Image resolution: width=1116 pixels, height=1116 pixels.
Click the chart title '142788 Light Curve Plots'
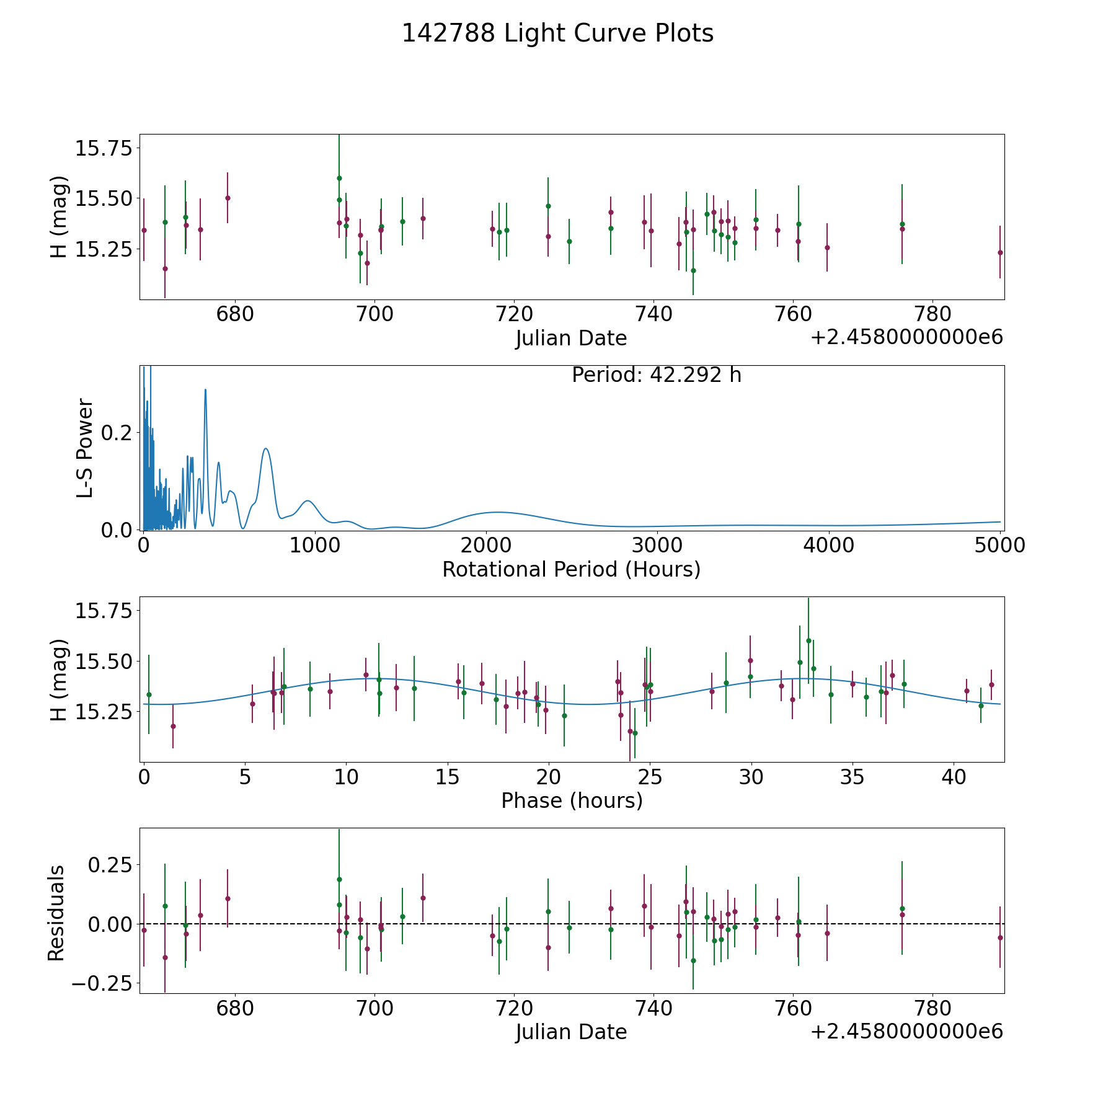click(x=557, y=33)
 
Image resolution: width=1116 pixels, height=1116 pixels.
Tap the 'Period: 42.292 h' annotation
click(x=657, y=375)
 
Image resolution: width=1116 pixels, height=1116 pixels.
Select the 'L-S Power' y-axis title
click(x=85, y=448)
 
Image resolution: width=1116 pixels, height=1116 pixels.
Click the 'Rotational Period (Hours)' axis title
click(x=571, y=569)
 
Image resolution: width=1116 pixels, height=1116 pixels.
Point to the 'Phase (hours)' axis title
click(x=572, y=800)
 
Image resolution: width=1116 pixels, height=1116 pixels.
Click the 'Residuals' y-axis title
click(x=56, y=913)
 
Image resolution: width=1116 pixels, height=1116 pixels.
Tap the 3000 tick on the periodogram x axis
click(x=657, y=545)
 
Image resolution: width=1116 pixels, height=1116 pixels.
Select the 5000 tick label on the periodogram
click(x=999, y=545)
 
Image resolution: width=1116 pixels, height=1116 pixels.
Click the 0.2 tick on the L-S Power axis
click(x=117, y=432)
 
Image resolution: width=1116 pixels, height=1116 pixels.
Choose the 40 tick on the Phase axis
click(x=954, y=777)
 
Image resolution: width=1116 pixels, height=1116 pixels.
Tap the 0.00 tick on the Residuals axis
click(x=110, y=924)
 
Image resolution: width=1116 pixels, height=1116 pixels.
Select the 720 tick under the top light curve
click(x=514, y=314)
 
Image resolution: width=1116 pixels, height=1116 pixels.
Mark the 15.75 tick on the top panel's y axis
click(x=104, y=149)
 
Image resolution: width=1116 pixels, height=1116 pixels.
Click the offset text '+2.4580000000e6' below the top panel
click(x=906, y=337)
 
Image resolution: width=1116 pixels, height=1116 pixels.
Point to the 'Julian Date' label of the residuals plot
click(x=571, y=1032)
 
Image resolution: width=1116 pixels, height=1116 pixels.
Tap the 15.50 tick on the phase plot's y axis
click(x=104, y=662)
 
